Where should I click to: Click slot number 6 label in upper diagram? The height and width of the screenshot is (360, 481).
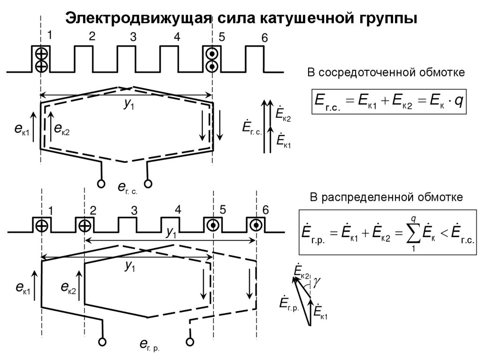(264, 38)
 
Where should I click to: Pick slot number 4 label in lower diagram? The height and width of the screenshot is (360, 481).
(178, 210)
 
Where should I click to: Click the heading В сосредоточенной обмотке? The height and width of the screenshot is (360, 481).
(386, 73)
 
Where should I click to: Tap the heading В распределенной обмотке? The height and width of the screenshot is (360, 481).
(386, 197)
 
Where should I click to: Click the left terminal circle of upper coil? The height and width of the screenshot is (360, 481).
(101, 184)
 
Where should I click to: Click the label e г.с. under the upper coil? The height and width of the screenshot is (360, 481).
(127, 189)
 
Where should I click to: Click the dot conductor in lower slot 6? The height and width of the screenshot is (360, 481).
(256, 225)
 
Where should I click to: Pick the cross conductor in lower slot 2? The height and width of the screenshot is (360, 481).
(85, 226)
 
